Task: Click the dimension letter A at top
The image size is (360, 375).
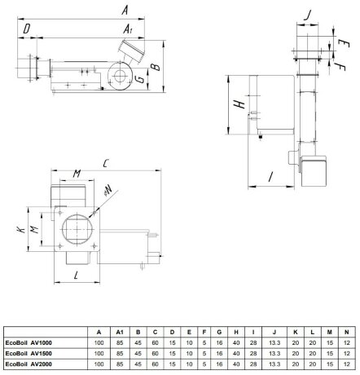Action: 125,10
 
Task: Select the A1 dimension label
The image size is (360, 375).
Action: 127,29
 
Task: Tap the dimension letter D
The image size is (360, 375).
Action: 26,29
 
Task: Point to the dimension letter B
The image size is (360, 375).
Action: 156,67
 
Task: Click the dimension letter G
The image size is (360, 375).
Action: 140,79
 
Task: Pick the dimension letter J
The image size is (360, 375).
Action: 307,15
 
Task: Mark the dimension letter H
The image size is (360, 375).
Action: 239,104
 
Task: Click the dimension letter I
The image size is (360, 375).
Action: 270,177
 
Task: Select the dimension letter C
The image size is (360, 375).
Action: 106,163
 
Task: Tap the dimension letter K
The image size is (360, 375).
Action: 21,230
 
